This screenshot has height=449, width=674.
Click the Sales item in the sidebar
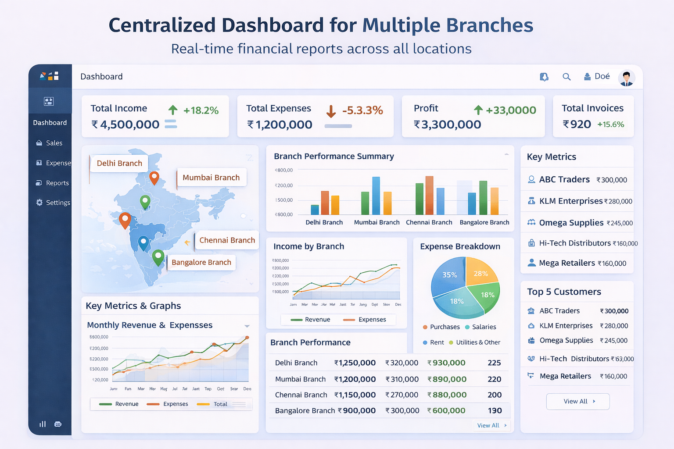(54, 143)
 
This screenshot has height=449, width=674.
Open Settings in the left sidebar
(57, 203)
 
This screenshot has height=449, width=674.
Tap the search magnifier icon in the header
(566, 77)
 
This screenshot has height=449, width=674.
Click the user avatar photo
(626, 78)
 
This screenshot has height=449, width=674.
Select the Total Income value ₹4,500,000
(125, 125)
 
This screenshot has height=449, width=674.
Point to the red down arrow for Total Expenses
(331, 111)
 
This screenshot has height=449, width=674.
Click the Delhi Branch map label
(119, 163)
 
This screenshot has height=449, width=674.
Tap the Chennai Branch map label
(227, 240)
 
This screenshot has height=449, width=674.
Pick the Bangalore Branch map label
(201, 262)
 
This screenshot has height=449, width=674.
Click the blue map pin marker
(143, 242)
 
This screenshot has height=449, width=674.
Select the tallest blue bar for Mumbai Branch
(376, 195)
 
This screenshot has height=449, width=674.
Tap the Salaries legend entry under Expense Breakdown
(484, 327)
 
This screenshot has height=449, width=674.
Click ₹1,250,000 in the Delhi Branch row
(355, 363)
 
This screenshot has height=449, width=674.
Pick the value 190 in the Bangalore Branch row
(495, 411)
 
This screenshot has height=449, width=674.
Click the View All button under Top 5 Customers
(577, 401)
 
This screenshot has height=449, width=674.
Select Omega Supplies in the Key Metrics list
(571, 223)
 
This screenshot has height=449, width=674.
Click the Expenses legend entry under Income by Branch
(372, 320)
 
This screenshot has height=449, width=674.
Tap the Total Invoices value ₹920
(577, 125)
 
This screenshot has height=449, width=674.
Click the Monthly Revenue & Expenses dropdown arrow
(247, 326)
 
